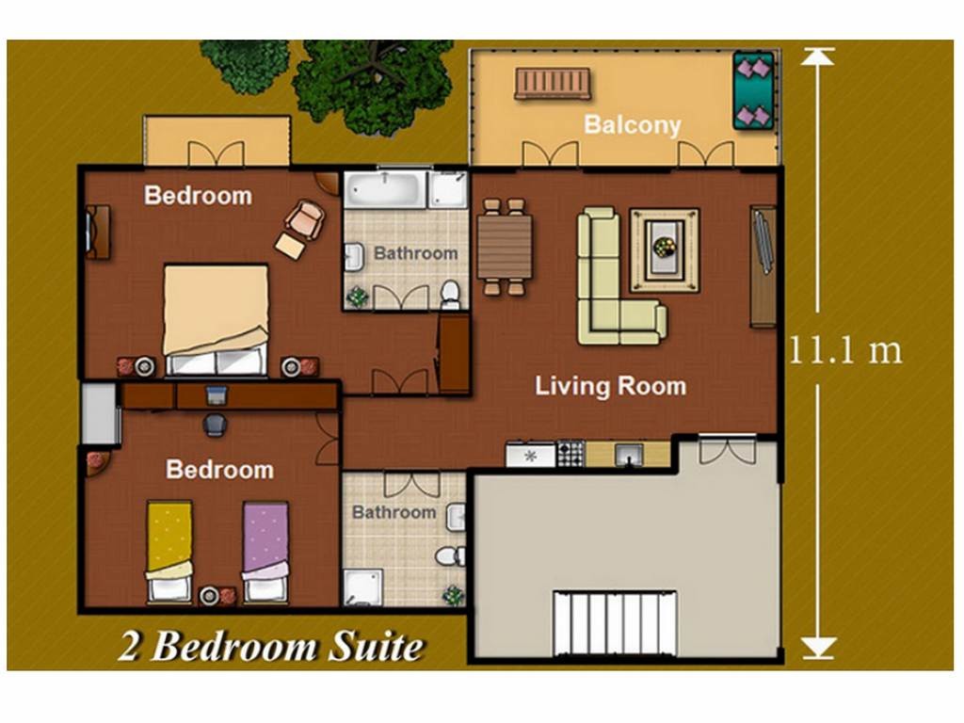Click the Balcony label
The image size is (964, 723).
click(632, 125)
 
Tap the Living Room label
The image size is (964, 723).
click(610, 386)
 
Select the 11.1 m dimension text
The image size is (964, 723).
click(845, 351)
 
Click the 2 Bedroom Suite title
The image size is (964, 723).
click(271, 648)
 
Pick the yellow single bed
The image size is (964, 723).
click(169, 550)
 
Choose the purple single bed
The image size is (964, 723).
click(265, 552)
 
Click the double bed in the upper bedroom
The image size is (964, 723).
click(216, 320)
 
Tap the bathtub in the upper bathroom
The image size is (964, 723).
click(385, 190)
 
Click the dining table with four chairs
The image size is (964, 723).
click(505, 247)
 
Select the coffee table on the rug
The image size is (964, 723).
click(665, 248)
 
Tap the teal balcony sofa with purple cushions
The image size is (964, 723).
click(753, 90)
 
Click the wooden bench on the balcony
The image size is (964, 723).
click(553, 84)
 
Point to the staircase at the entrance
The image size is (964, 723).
click(614, 623)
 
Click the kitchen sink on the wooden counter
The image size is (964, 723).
click(628, 455)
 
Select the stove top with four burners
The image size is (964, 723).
click(570, 454)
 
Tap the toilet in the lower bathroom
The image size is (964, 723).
click(451, 556)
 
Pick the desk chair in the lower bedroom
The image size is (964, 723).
click(214, 425)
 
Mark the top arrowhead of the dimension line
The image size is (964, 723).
click(817, 56)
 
